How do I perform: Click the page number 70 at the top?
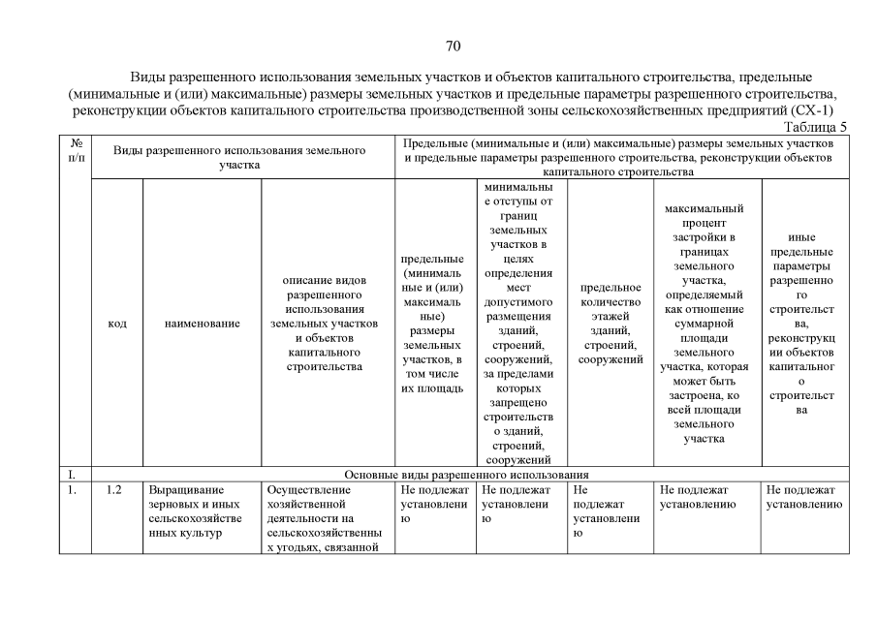453,46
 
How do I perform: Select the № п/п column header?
76,150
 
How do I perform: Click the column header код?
116,324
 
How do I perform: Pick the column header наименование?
202,324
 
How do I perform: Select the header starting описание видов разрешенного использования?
326,324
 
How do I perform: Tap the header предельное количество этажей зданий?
611,324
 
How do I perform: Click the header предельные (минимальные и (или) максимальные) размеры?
433,324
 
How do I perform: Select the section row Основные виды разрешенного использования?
468,475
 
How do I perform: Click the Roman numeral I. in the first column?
71,475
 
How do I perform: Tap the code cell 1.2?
113,490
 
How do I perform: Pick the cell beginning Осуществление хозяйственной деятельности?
326,518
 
